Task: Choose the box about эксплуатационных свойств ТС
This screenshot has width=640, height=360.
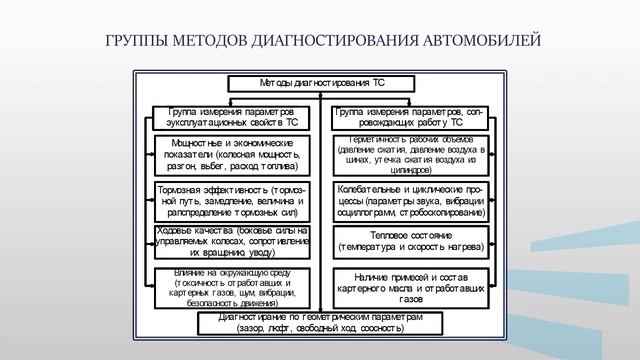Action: pos(226,116)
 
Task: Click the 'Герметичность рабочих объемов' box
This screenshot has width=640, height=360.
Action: pos(411,155)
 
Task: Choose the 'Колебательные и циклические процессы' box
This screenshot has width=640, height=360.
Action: pos(411,200)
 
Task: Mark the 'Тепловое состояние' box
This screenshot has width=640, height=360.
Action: pos(411,239)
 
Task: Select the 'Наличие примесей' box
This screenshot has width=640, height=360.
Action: pos(411,282)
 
